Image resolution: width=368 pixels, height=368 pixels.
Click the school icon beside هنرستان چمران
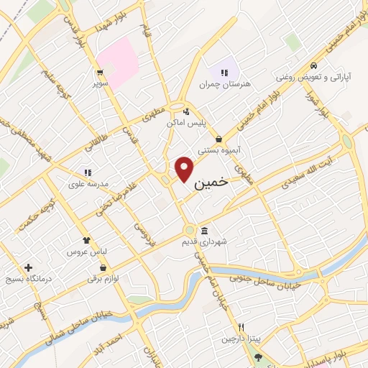click(x=224, y=73)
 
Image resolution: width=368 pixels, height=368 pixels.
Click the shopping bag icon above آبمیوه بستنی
click(x=218, y=139)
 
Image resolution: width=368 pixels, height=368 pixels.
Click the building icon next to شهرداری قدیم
click(x=206, y=231)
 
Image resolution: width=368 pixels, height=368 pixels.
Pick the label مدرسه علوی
click(x=88, y=184)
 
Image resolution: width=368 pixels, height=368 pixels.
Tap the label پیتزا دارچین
click(x=238, y=338)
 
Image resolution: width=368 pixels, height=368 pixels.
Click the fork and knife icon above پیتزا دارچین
click(x=241, y=326)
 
